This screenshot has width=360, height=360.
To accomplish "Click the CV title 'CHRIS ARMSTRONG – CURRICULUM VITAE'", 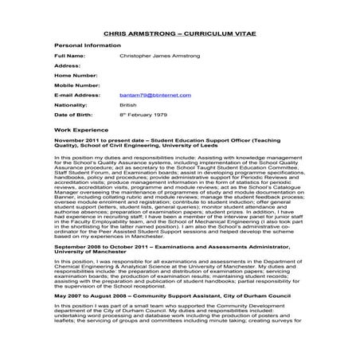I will pyautogui.click(x=179, y=35).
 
